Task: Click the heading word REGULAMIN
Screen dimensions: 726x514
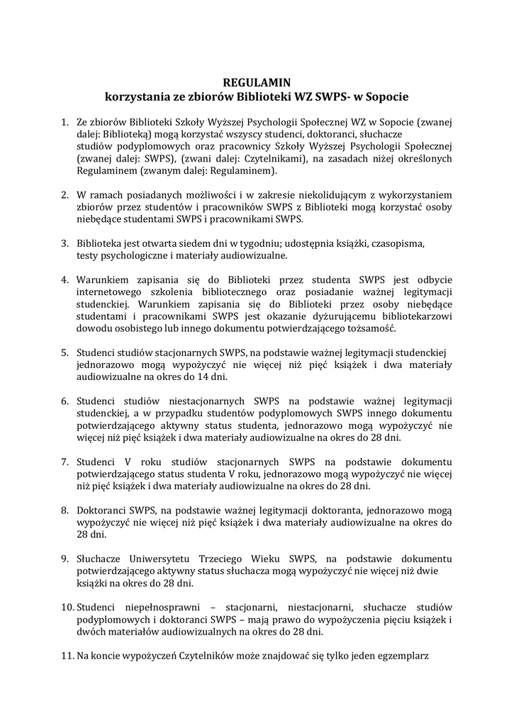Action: (257, 82)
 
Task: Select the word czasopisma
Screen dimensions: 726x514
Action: (398, 242)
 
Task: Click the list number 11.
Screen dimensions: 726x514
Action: (66, 656)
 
